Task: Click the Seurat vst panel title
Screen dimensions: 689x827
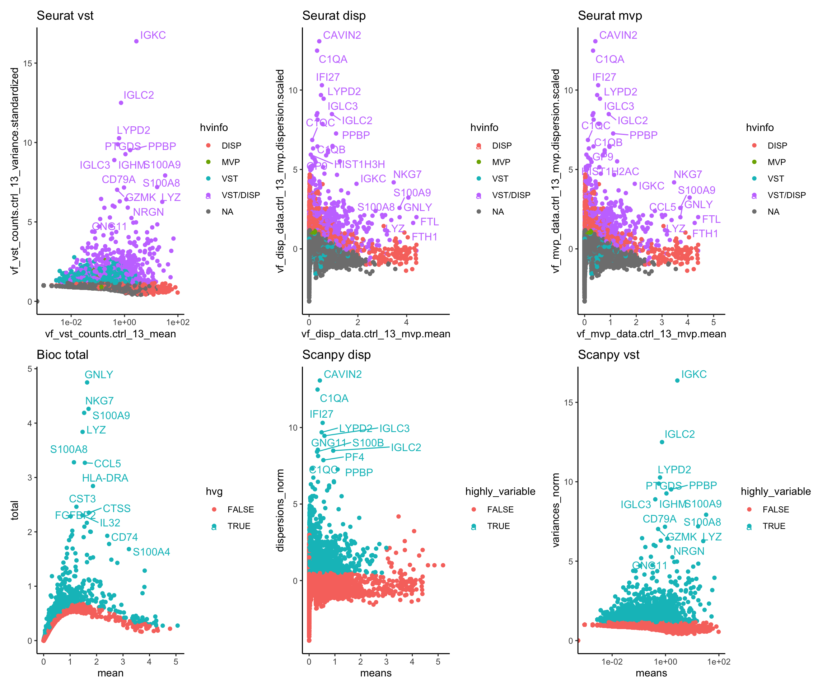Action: (x=65, y=16)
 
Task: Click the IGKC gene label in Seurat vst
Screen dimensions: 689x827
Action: (x=153, y=36)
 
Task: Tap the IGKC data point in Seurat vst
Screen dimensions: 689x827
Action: (x=136, y=41)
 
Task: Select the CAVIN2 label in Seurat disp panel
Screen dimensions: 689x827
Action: (x=342, y=36)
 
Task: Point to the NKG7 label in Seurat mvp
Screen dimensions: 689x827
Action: (x=688, y=174)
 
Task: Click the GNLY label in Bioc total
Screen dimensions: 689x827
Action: (x=99, y=374)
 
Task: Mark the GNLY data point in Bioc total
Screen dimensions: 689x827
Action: (x=87, y=382)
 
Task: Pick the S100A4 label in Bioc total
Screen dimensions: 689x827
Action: (x=151, y=552)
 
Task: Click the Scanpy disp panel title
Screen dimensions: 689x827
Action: (x=336, y=355)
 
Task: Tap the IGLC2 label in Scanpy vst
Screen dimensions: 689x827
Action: (x=679, y=434)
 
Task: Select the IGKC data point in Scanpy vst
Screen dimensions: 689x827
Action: (x=677, y=381)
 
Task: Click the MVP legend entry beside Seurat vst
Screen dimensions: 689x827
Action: (x=230, y=162)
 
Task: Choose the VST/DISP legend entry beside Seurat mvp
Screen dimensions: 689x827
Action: (x=786, y=195)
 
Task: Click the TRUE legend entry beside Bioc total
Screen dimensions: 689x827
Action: (x=239, y=526)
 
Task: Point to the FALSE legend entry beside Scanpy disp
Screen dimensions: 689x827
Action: (x=500, y=510)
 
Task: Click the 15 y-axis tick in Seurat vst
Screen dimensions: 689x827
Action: (x=28, y=64)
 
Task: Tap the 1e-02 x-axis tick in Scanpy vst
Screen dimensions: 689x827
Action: (x=612, y=662)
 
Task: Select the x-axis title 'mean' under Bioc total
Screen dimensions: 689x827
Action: (x=110, y=673)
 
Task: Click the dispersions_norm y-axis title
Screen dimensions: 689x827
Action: (x=280, y=510)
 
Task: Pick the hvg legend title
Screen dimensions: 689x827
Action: (x=214, y=491)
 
